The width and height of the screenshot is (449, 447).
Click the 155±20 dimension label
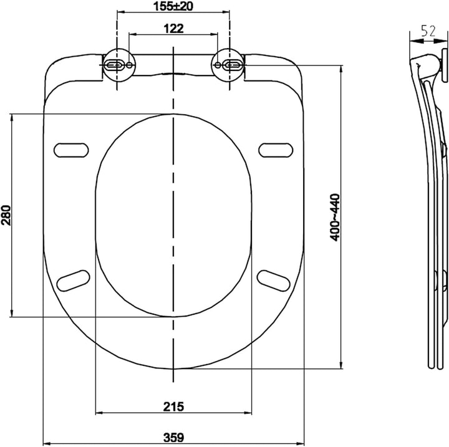pos(173,6)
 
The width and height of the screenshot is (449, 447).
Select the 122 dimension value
pos(173,28)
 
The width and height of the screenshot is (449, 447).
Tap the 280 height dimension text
pos(6,215)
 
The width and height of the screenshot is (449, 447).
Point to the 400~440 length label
pos(334,218)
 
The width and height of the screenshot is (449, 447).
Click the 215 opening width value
pos(173,406)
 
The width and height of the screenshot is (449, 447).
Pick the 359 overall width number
pos(173,437)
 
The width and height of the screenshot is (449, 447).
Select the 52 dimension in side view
pos(428,31)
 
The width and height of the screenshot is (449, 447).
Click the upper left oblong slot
pos(71,150)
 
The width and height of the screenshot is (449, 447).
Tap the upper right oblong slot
pos(276,150)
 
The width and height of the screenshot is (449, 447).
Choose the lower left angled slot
pos(74,281)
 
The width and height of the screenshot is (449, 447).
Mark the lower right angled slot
pos(274,281)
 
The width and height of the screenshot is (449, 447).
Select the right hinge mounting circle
pos(228,65)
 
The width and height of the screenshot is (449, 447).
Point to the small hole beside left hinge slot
pos(130,65)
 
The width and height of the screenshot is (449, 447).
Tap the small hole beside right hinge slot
pos(218,65)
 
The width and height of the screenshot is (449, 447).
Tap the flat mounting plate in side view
pos(445,65)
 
